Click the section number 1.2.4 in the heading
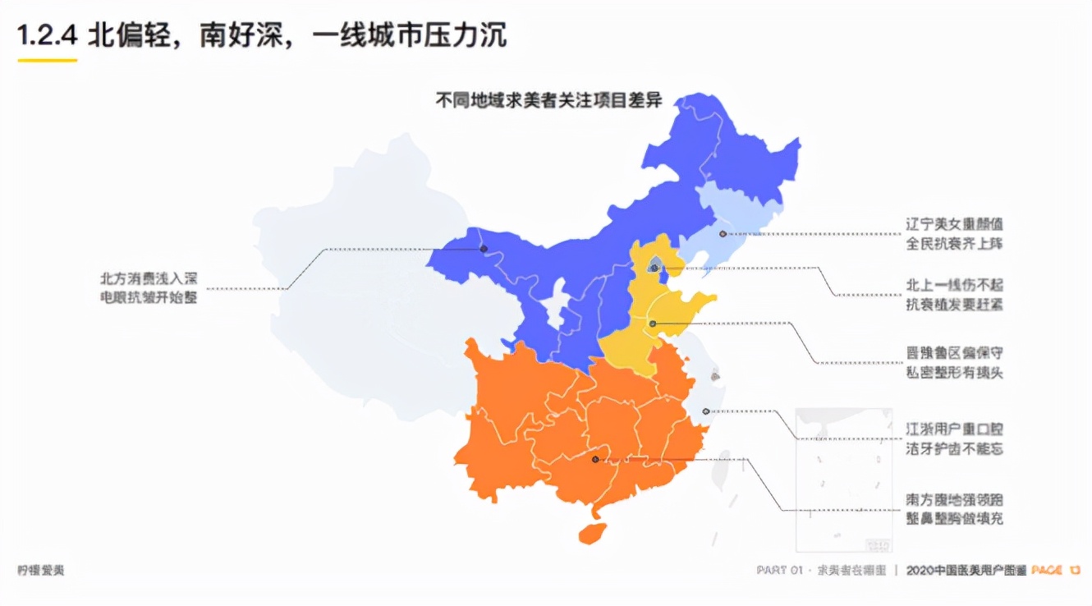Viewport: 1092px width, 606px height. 48,35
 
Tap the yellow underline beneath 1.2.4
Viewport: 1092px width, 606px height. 48,60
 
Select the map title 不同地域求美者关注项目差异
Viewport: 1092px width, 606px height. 548,101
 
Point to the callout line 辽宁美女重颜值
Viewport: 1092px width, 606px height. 954,224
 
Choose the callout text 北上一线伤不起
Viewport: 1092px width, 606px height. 954,286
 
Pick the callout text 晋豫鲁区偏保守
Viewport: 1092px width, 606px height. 954,353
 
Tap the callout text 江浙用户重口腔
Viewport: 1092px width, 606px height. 954,429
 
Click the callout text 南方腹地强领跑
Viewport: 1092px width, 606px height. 954,499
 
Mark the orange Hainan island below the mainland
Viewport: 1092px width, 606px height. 592,532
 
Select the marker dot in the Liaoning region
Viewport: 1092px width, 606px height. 723,234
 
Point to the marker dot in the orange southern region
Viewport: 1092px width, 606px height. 595,459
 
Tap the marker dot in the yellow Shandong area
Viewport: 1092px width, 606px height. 653,324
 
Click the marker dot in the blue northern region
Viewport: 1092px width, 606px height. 484,249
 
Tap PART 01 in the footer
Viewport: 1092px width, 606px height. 779,571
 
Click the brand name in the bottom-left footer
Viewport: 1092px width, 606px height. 40,571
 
